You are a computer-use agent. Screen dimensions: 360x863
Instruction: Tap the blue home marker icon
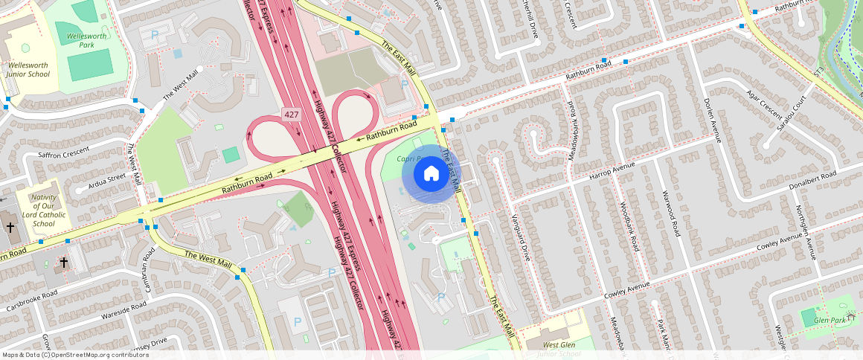point(431,174)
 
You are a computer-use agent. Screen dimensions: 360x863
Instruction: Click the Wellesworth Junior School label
point(29,70)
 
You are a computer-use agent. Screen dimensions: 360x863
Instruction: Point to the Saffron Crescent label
point(63,155)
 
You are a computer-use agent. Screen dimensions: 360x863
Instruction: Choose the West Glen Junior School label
point(551,350)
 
